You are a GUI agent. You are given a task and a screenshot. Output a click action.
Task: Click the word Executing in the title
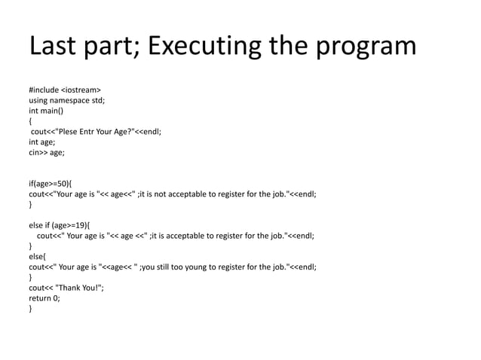click(208, 47)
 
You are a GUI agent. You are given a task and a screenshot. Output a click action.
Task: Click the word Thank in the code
click(69, 287)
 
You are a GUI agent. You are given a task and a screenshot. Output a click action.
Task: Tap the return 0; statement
click(44, 297)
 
